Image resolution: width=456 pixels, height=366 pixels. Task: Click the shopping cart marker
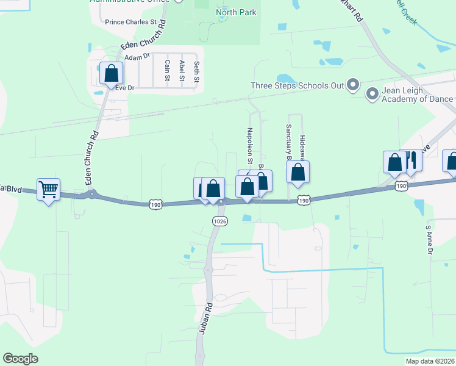(48, 189)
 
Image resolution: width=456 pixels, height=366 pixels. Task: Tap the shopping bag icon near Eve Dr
(111, 74)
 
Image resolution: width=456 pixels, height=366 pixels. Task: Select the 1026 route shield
(220, 221)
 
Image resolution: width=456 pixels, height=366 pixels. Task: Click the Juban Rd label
(205, 318)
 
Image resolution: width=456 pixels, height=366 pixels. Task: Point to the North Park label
(236, 12)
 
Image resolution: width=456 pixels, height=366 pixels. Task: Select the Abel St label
(182, 70)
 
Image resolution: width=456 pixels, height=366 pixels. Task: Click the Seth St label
(196, 71)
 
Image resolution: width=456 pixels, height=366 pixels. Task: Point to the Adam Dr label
(137, 57)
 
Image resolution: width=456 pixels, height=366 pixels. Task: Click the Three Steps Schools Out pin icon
(352, 85)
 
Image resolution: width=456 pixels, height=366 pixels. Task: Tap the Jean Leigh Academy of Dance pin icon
(371, 94)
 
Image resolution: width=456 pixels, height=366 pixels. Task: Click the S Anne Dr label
(429, 240)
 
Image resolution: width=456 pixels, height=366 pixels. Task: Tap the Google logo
(20, 359)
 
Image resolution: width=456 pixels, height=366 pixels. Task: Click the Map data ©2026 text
(429, 361)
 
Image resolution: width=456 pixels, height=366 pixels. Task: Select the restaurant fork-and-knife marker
(411, 160)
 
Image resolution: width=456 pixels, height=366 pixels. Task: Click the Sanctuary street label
(288, 142)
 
